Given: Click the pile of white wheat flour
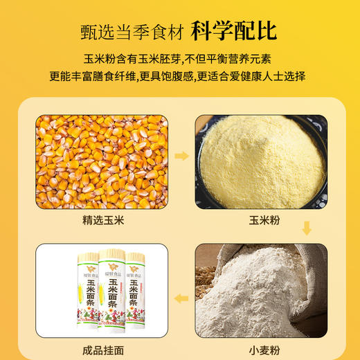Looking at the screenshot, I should [253, 298].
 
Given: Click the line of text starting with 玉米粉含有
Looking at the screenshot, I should [179, 60].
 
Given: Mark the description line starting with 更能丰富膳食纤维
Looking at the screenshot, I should [179, 75].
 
